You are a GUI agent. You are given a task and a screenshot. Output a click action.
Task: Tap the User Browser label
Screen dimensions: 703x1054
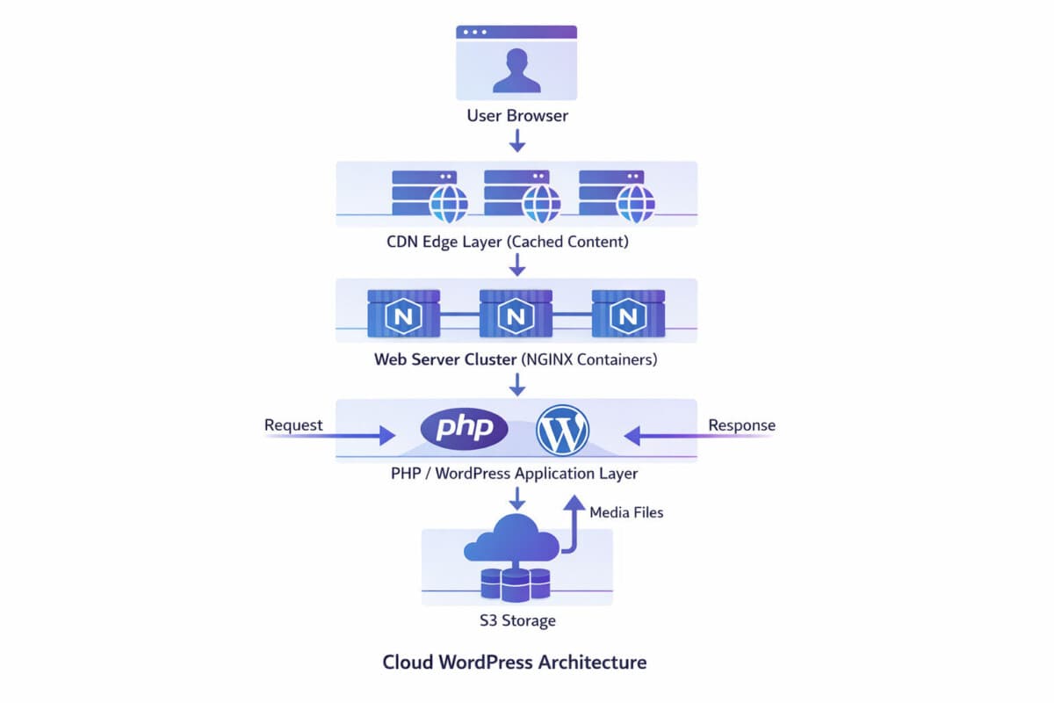pyautogui.click(x=516, y=115)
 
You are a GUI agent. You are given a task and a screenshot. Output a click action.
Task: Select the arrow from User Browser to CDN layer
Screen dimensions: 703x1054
pyautogui.click(x=517, y=140)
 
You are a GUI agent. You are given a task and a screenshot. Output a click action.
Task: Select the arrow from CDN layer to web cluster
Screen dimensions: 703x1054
pyautogui.click(x=517, y=264)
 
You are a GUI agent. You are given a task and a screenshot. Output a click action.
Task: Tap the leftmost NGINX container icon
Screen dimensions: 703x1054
pyautogui.click(x=404, y=314)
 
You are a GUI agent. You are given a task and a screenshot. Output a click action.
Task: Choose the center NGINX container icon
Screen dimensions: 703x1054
pyautogui.click(x=516, y=314)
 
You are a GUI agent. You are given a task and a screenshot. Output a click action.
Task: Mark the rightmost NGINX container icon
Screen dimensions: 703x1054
pyautogui.click(x=629, y=314)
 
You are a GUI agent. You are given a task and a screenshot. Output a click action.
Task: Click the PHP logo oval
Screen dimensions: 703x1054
pyautogui.click(x=465, y=429)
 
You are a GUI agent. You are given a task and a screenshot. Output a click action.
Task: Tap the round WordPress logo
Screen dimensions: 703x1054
pyautogui.click(x=563, y=430)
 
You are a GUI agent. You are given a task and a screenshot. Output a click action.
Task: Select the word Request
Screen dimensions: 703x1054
pyautogui.click(x=293, y=425)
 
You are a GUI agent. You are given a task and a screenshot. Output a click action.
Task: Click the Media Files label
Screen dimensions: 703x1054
pyautogui.click(x=626, y=511)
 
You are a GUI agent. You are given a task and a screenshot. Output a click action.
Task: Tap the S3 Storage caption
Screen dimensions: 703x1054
pyautogui.click(x=516, y=621)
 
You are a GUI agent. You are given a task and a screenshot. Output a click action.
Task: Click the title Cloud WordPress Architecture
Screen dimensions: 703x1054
pyautogui.click(x=515, y=662)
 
